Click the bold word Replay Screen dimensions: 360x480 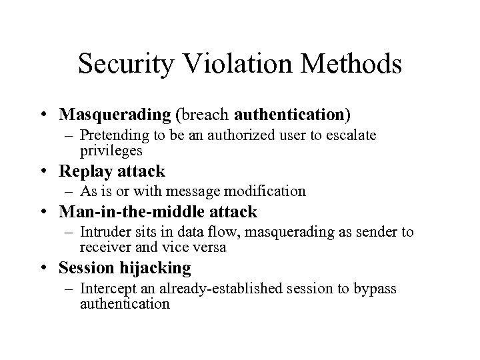[81, 171]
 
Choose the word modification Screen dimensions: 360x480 [267, 192]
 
